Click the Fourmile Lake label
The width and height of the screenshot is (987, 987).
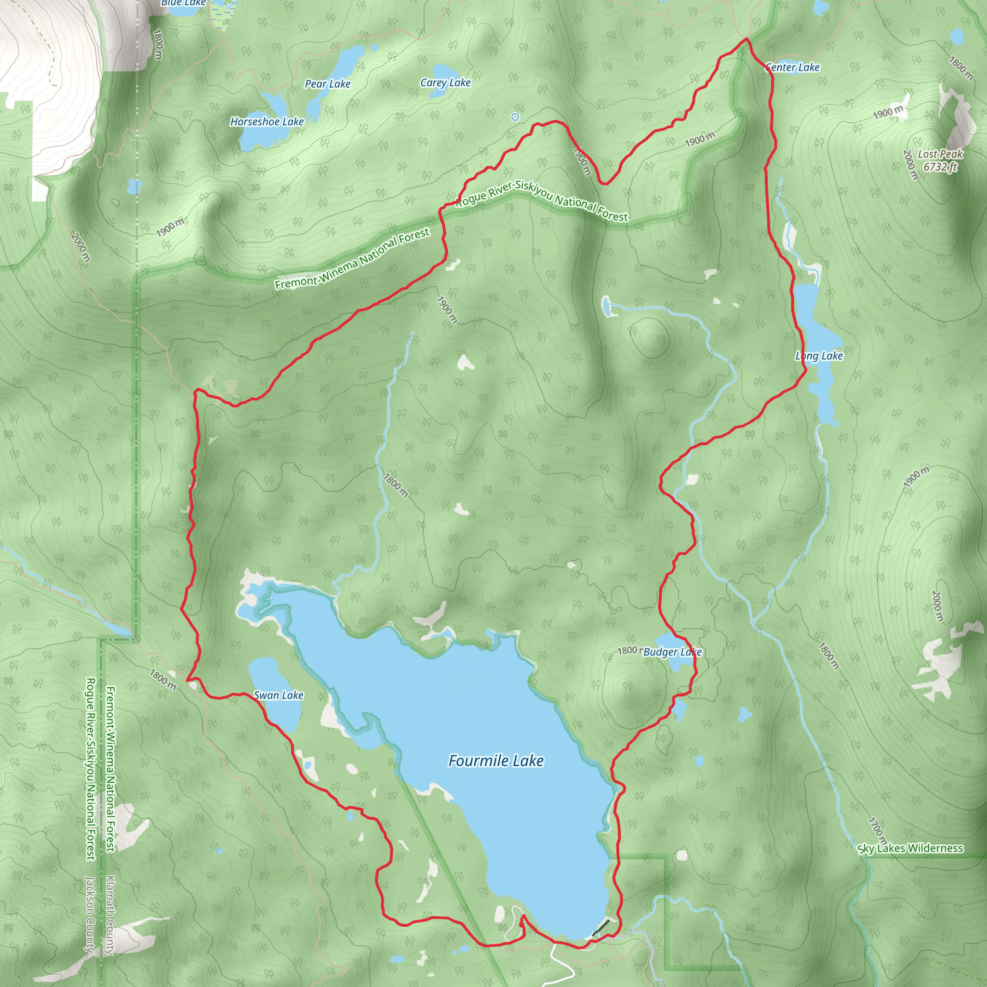coord(495,760)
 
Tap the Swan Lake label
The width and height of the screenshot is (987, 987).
coord(279,695)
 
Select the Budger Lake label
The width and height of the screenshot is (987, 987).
coord(672,652)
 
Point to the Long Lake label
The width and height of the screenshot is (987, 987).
coord(818,356)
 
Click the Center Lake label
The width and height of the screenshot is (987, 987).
coord(792,67)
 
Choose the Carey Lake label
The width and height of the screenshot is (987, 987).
coord(445,83)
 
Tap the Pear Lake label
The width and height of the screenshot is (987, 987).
coord(327,84)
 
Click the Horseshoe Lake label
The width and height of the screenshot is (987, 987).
coord(267,121)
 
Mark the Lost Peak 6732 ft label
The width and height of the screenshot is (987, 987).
coord(939,160)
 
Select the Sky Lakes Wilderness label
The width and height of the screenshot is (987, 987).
coord(910,849)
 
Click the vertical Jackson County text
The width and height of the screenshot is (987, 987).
coord(90,914)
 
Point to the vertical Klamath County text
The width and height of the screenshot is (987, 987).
coord(110,914)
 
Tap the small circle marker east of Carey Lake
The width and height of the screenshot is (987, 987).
coord(515,117)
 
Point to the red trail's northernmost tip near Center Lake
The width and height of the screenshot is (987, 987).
coord(747,39)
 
